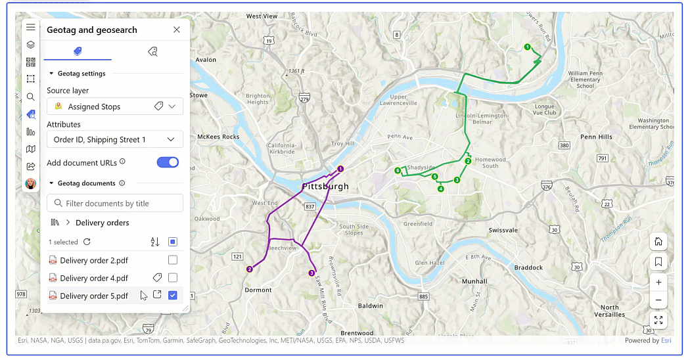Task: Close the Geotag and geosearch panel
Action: coord(177,30)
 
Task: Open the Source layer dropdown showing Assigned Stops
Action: coord(115,106)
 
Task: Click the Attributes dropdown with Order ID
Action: coord(115,139)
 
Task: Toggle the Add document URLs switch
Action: coord(168,162)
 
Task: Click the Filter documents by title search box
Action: coord(115,203)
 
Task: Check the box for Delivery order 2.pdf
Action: coord(173,260)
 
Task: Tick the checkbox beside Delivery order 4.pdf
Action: coord(173,278)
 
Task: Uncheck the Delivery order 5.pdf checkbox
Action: coord(173,296)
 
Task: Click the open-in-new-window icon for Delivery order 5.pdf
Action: coord(157,295)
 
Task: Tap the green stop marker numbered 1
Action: coord(527,47)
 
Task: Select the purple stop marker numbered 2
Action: coord(250,269)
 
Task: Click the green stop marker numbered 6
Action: coord(398,171)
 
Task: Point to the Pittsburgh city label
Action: coord(325,187)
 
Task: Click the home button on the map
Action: coord(658,242)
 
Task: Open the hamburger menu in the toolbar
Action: coord(31,28)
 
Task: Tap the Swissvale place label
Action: coord(504,231)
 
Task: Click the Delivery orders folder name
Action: coord(102,223)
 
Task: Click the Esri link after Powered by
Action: coord(666,340)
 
